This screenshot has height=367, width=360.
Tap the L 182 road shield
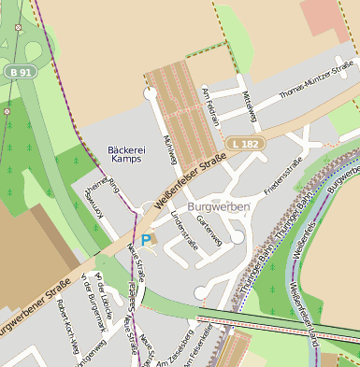[246, 143]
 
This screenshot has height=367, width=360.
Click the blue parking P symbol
[146, 240]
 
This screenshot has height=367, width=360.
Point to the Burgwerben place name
[219, 205]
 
